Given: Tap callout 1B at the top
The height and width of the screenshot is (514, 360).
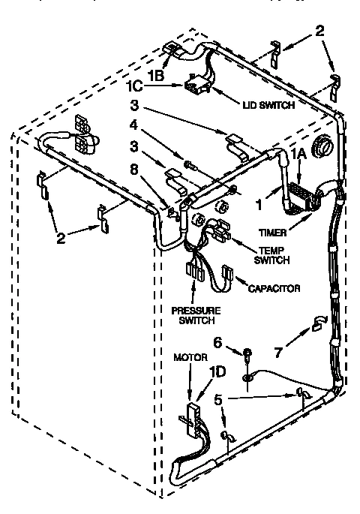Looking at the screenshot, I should (155, 75).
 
